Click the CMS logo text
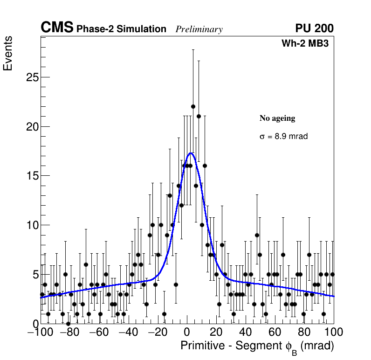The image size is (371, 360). tap(57, 28)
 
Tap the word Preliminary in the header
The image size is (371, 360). tap(199, 29)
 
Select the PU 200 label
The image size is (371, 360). tap(314, 28)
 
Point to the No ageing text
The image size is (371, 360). tap(277, 118)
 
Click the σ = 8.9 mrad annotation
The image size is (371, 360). tap(283, 137)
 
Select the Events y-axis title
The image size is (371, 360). tap(8, 53)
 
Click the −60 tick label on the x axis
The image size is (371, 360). tap(99, 332)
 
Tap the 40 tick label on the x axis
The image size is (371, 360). tap(246, 332)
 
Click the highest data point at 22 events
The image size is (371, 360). tap(193, 106)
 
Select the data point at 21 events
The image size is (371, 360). tap(199, 116)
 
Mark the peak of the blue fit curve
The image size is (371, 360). tap(191, 153)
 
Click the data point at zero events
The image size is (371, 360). tap(68, 323)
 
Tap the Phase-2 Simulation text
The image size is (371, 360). tap(121, 29)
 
